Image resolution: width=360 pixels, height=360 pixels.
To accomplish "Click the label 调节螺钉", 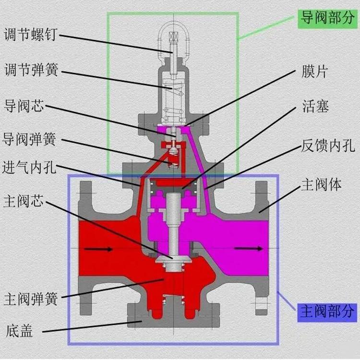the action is (30, 35).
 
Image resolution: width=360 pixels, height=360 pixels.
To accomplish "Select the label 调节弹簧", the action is (31, 70).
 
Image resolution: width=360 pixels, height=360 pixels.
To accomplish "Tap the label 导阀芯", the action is (24, 106).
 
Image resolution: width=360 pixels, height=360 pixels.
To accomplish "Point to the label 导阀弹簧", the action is (29, 139).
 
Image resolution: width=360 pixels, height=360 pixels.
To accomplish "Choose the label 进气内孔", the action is (29, 167).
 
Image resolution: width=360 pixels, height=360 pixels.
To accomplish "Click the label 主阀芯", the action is (24, 201).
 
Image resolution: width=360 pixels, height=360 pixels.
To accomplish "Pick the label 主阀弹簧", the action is (31, 299).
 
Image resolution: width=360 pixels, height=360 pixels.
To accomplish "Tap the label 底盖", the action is (19, 331).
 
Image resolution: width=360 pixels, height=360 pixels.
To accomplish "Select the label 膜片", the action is (314, 72).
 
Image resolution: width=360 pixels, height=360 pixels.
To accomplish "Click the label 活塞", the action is (315, 106).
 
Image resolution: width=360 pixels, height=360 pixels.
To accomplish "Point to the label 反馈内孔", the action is (328, 145).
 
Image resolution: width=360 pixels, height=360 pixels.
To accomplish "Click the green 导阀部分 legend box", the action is (327, 19).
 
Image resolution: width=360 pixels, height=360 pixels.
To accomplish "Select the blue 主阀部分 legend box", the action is (327, 312).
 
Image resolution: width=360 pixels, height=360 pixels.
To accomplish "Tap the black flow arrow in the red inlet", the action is (98, 249).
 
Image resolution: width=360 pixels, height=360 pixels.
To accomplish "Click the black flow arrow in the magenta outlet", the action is (249, 249).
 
